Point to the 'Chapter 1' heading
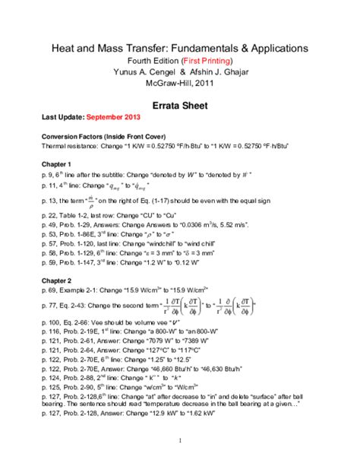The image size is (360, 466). [x=58, y=164]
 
